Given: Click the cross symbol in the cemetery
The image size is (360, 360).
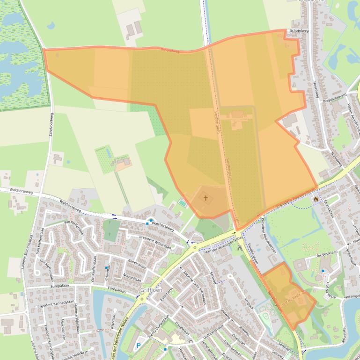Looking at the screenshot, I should coord(205,198).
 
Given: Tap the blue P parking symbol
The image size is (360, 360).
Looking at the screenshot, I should coord(138,346).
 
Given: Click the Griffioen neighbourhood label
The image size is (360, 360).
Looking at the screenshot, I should coord(151,290).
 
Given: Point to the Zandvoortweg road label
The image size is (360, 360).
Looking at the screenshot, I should coord(51,126).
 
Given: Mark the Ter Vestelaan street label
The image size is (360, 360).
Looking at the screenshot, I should coord(326,252).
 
